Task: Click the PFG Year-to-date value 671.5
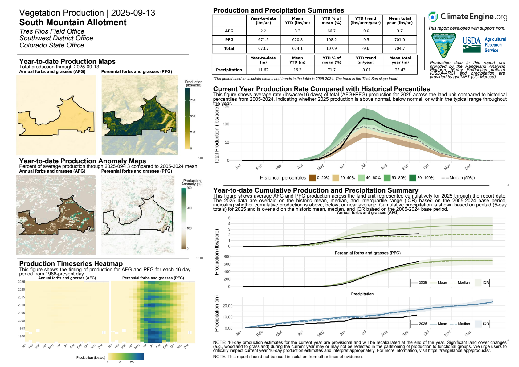click(x=263, y=40)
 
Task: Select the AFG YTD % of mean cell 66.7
click(x=331, y=31)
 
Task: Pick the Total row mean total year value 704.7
click(x=399, y=48)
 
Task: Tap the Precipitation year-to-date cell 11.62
click(x=263, y=70)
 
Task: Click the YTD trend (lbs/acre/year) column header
click(x=366, y=21)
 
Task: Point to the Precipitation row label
click(x=229, y=70)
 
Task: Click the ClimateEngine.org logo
click(x=468, y=17)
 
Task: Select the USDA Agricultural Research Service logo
click(x=484, y=45)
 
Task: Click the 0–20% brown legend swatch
click(x=312, y=178)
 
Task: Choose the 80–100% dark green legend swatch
click(x=413, y=178)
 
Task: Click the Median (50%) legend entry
click(x=458, y=178)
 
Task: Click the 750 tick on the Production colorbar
click(x=193, y=100)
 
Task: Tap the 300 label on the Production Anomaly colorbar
click(x=189, y=188)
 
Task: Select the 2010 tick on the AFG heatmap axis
click(x=21, y=305)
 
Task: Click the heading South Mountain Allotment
click(x=73, y=22)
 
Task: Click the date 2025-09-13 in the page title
click(x=133, y=13)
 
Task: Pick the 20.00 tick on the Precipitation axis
click(x=227, y=306)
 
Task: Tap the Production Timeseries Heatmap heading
click(x=71, y=264)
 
